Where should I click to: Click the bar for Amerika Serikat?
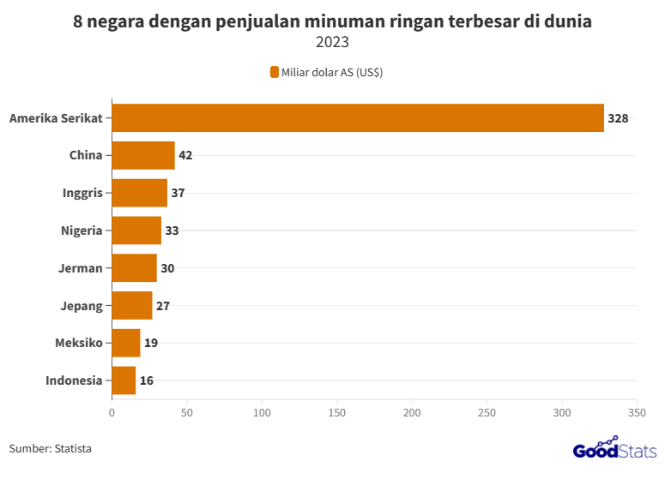[358, 117]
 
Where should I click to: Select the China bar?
[143, 155]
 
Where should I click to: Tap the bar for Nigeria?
[136, 231]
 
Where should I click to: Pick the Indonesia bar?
[124, 380]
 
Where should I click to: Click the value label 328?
[618, 118]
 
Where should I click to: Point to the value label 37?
[178, 194]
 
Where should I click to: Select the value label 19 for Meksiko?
[151, 343]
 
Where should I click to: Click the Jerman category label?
[81, 268]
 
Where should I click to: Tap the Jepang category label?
[82, 306]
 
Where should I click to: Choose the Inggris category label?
[82, 193]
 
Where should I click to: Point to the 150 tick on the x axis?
[336, 413]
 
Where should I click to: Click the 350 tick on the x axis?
[637, 413]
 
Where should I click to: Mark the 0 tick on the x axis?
[112, 413]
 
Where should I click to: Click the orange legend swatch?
[275, 72]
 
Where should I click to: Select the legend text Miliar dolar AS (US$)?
[332, 72]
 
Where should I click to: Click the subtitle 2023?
[332, 42]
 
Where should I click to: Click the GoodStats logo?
[614, 450]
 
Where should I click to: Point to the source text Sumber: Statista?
[51, 448]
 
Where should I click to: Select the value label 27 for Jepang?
[163, 306]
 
